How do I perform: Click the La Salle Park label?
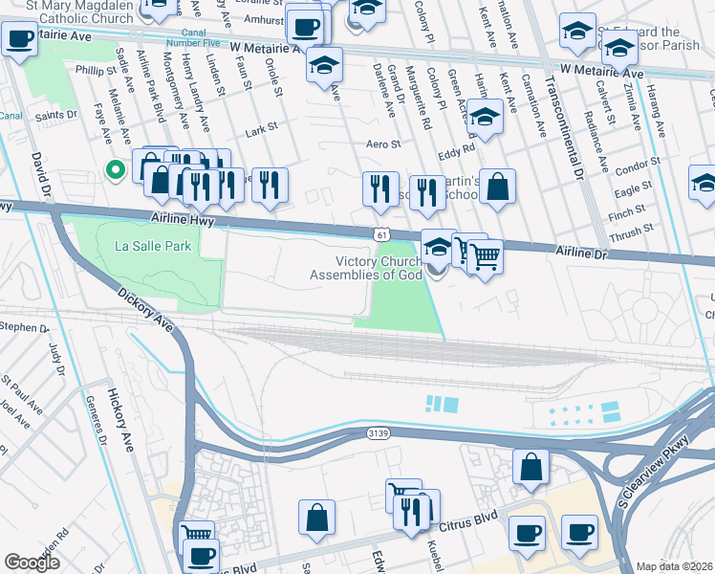click(x=153, y=246)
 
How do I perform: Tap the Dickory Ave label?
click(x=146, y=309)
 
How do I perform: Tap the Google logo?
click(x=32, y=563)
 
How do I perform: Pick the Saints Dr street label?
click(x=57, y=114)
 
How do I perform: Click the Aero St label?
click(x=381, y=143)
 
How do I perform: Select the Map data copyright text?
click(x=675, y=566)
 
